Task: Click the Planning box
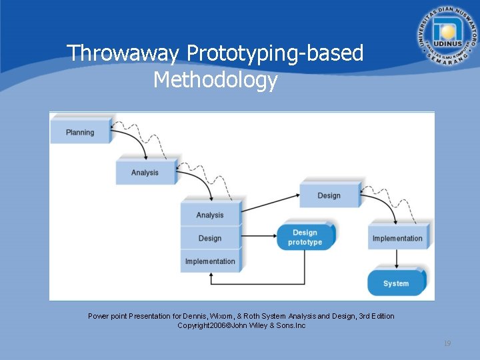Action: pos(81,132)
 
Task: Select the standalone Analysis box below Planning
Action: pos(145,172)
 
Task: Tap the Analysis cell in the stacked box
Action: pos(210,215)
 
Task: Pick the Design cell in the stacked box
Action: pos(210,238)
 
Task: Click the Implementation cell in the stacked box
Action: pos(210,261)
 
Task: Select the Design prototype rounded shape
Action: pos(305,237)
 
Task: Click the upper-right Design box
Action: pos(329,195)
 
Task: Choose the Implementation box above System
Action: pos(397,238)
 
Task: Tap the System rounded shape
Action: pos(396,283)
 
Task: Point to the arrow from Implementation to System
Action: pos(397,259)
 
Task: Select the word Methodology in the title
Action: pos(215,81)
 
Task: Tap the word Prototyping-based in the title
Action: pos(275,53)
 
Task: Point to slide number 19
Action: pos(447,343)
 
